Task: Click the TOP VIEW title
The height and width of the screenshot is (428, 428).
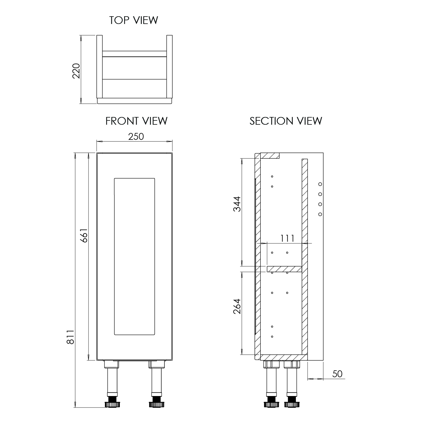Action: click(134, 20)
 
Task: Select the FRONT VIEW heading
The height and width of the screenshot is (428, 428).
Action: click(136, 121)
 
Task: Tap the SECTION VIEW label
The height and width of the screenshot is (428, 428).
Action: click(286, 121)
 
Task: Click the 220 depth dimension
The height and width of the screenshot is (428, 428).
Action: click(76, 71)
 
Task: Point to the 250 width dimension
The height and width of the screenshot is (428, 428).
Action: click(136, 137)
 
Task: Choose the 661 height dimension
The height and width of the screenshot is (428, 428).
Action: click(84, 235)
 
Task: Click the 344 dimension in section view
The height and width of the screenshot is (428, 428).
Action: click(237, 204)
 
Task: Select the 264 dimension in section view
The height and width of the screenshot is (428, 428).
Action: click(237, 306)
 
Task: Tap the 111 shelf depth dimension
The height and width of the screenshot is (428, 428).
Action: click(287, 238)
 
